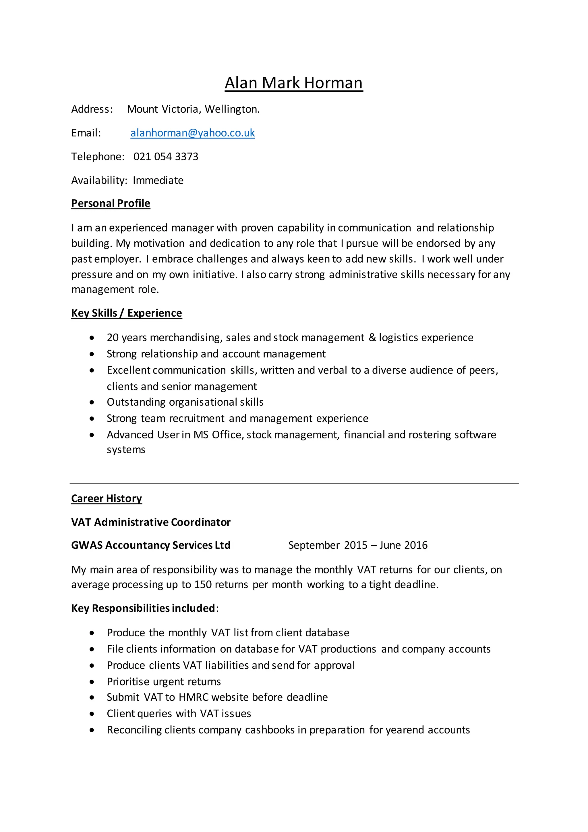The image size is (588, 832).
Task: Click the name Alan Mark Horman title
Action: pos(294,83)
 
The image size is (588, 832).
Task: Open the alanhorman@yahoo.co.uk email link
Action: pos(193,133)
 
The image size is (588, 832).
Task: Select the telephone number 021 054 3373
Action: pos(166,157)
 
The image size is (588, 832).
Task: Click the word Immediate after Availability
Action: pos(158,180)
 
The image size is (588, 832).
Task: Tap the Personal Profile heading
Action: pos(111,203)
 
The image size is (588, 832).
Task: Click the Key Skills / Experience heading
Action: pos(126,313)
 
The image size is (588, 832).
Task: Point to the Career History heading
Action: pos(107,499)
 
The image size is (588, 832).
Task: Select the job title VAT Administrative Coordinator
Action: pos(151,522)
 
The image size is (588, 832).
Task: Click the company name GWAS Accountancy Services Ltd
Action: pos(151,545)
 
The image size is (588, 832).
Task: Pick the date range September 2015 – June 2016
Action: pos(358,545)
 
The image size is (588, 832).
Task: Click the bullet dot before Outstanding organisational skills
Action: pos(92,402)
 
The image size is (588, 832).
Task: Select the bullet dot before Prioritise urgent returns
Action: pos(92,682)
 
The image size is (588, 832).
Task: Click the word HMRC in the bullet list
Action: pos(193,698)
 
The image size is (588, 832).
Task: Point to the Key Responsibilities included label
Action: pos(143,608)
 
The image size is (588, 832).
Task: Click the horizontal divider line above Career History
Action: pos(294,483)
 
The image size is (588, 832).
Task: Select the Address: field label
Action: pos(92,109)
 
